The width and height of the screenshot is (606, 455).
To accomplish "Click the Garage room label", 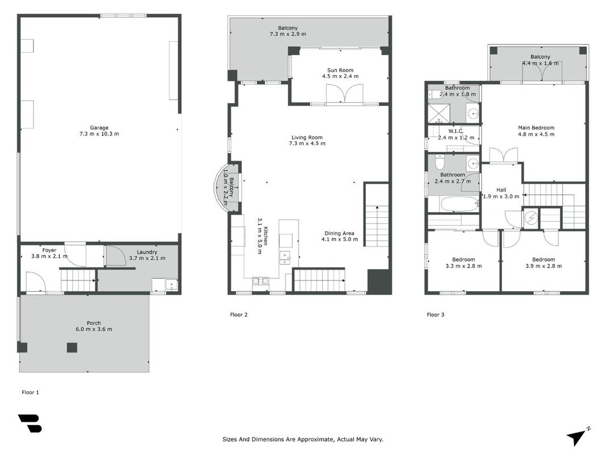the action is click(x=99, y=127).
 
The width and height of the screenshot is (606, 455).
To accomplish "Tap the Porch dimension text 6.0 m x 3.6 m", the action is click(x=94, y=329).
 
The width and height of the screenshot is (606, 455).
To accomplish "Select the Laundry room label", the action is click(x=147, y=252).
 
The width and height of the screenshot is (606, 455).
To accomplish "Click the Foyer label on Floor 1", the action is click(x=49, y=250).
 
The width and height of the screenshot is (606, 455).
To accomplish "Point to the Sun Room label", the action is click(x=341, y=70).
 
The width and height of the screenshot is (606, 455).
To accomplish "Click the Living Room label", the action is click(x=307, y=137).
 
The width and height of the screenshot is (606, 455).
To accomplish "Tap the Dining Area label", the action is click(x=339, y=233).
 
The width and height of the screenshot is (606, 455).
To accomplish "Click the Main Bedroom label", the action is click(x=537, y=127).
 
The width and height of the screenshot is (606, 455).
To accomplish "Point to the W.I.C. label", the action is click(x=456, y=131).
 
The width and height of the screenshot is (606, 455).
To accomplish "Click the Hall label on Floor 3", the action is click(x=501, y=190).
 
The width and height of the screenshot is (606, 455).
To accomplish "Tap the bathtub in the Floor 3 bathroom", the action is click(x=459, y=204).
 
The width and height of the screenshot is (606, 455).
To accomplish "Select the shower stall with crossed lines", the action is click(x=438, y=113).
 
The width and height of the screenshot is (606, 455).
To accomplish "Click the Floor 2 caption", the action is click(x=239, y=315).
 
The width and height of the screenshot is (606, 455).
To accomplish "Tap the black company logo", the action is click(x=30, y=423).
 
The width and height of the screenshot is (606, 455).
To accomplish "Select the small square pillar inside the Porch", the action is click(x=72, y=348).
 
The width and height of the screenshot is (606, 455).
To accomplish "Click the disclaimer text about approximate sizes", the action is click(x=303, y=439).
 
